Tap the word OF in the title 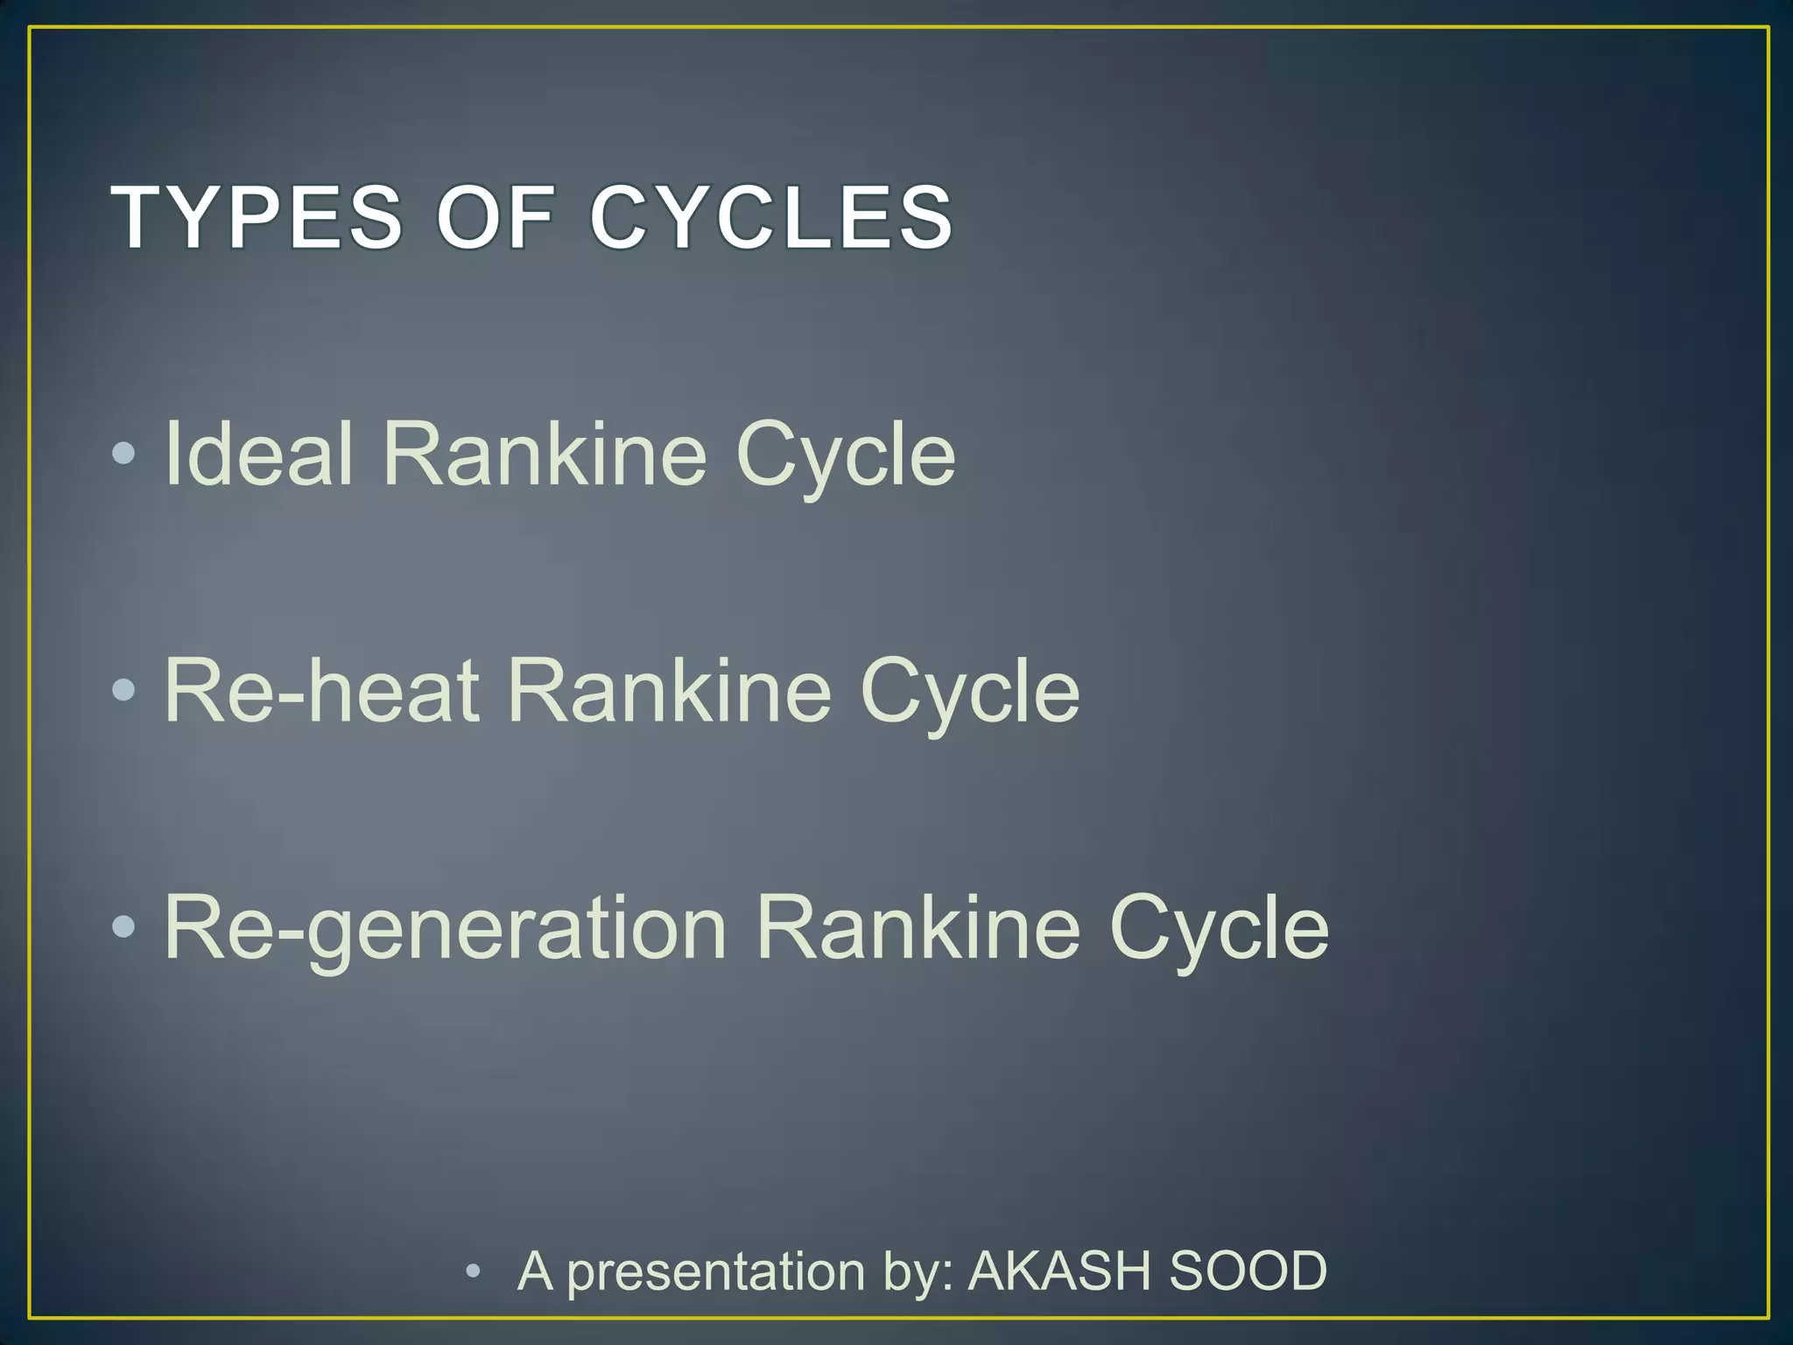(x=496, y=217)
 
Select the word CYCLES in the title (x=771, y=217)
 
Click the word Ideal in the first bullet (x=258, y=453)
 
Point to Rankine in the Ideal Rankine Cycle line (x=544, y=453)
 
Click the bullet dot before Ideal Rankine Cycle (x=124, y=453)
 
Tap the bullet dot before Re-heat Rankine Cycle (x=124, y=690)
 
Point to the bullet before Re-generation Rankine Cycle (x=124, y=926)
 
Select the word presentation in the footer (x=716, y=1272)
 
